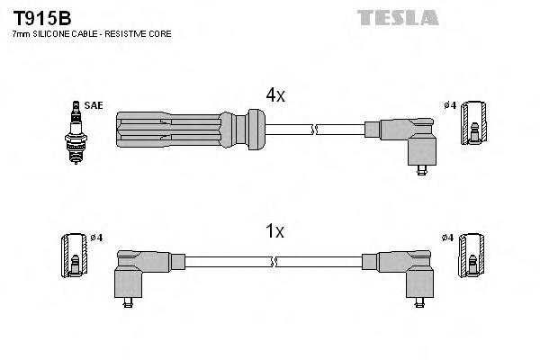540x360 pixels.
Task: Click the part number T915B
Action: coord(41,17)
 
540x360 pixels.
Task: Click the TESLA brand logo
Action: coord(397,17)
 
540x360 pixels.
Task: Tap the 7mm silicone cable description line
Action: coord(91,33)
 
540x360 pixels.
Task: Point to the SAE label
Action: coord(94,105)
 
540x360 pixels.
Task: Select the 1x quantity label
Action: coord(275,231)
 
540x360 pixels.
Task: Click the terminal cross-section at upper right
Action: coord(474,124)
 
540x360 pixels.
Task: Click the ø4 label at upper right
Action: coord(449,105)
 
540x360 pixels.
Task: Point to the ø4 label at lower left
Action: coord(97,237)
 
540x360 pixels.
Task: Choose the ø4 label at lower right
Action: coord(449,237)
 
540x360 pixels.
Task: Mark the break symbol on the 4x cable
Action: coord(313,130)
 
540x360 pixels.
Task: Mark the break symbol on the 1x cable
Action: coord(274,261)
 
